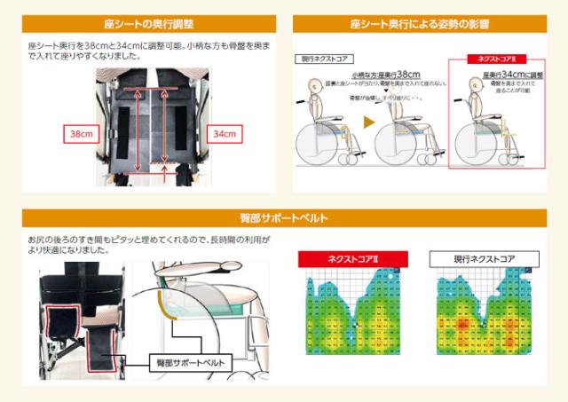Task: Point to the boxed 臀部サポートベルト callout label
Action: click(x=187, y=362)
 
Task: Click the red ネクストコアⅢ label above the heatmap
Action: click(x=351, y=258)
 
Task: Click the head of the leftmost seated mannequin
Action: click(x=312, y=87)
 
